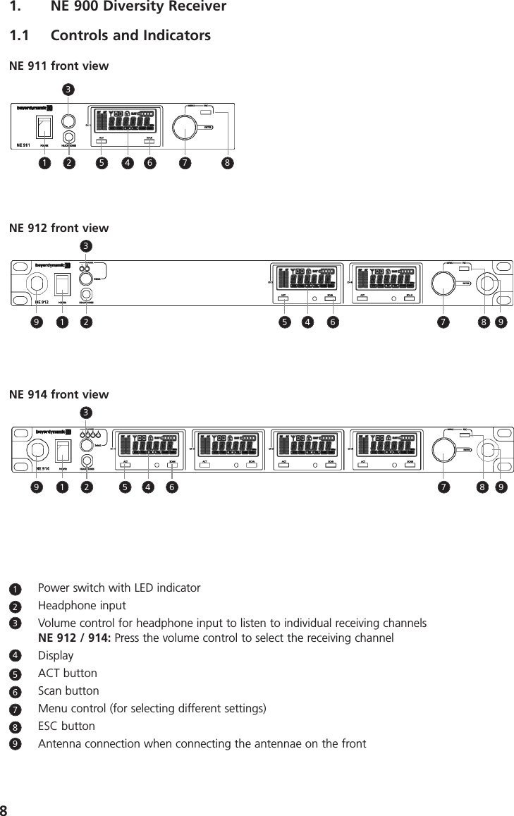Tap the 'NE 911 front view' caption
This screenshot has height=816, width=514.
coord(59,66)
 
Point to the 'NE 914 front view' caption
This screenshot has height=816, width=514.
coord(59,394)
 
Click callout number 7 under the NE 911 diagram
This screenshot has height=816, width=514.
coord(185,164)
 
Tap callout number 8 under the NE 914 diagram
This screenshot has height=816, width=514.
coord(483,487)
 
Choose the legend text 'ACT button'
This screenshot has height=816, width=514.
coord(68,674)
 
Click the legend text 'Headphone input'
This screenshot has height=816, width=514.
coord(82,606)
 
